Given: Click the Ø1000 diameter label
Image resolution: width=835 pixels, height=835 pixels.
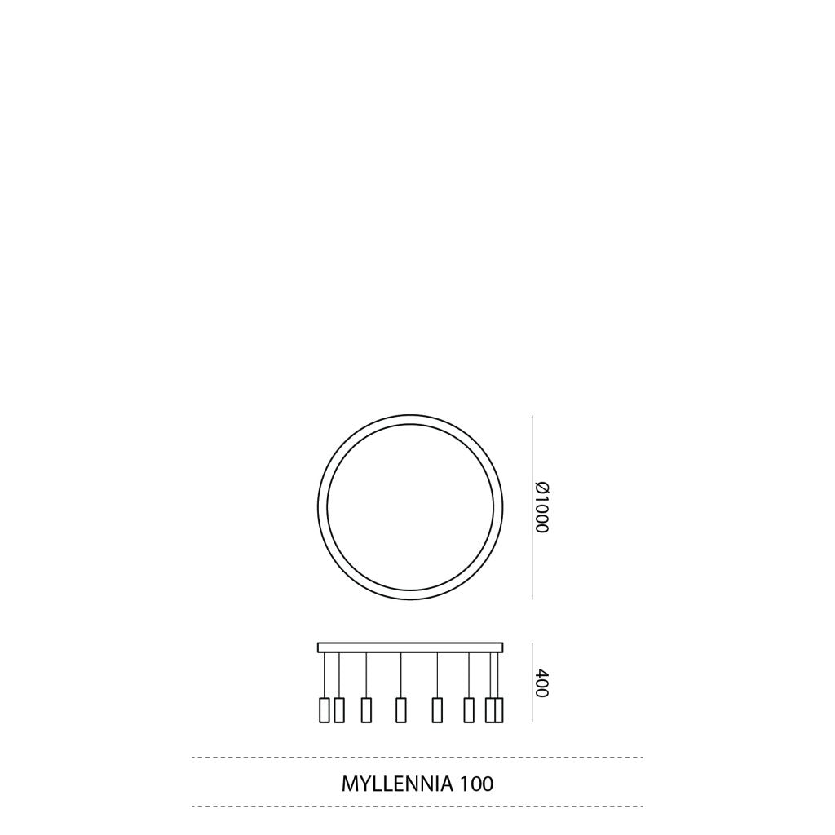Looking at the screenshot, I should (x=542, y=507).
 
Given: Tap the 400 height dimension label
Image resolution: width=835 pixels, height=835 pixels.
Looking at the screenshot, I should (x=542, y=683).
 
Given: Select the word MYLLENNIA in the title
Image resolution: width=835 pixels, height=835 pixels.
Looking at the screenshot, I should (x=397, y=784).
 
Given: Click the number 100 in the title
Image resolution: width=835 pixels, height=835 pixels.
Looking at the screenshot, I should (x=476, y=784).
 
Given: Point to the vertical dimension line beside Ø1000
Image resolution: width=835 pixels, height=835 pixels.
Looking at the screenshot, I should (x=532, y=507).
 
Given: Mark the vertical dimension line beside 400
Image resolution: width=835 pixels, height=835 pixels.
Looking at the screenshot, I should (x=532, y=683).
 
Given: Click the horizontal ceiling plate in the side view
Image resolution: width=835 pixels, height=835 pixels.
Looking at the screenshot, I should (x=410, y=647).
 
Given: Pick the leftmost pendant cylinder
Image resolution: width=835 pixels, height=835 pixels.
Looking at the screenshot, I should (x=324, y=709).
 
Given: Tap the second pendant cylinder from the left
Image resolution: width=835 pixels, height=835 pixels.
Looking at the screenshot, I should (x=339, y=709).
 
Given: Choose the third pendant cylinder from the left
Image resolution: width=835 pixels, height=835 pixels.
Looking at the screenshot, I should (x=366, y=709).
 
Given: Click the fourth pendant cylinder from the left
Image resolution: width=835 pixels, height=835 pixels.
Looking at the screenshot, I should (x=400, y=709).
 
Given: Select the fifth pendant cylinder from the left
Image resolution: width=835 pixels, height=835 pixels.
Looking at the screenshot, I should (x=437, y=709).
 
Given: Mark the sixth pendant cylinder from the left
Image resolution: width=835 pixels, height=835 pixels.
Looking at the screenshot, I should (x=468, y=709).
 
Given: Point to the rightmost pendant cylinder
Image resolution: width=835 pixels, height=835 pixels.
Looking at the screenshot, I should (x=498, y=709).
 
